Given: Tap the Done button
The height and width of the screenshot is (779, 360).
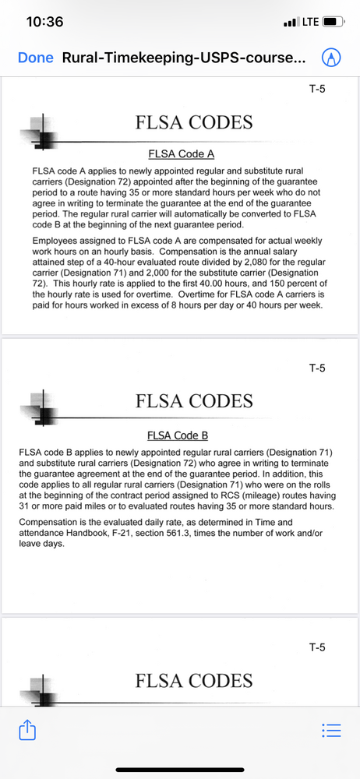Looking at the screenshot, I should click(35, 58).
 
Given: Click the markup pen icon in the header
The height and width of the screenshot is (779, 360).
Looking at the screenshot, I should click(333, 58).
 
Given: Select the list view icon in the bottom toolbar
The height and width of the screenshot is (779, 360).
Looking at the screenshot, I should click(331, 730).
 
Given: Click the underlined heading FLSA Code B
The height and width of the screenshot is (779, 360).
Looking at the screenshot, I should click(178, 435).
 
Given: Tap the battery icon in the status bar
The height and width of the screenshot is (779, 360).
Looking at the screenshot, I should click(334, 22).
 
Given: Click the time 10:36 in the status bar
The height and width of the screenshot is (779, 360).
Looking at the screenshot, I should click(44, 22).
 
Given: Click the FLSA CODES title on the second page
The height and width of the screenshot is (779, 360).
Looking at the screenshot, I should click(194, 401).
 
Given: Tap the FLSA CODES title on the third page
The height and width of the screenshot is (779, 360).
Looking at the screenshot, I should click(194, 681).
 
